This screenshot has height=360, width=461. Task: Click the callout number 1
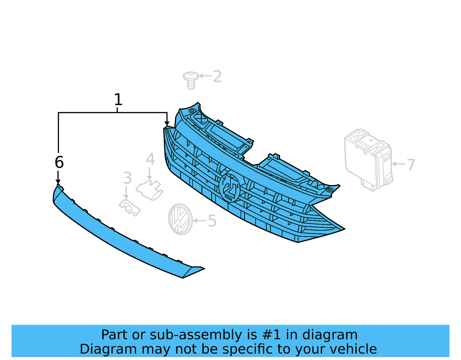click(118, 100)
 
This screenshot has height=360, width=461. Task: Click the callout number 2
click(217, 76)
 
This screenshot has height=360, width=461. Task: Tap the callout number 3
click(127, 178)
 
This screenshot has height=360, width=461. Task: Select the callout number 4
click(150, 159)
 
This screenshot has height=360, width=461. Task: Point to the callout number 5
click(212, 221)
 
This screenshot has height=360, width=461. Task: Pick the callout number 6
click(59, 162)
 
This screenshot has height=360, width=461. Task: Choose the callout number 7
click(411, 165)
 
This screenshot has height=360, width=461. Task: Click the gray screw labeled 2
click(190, 80)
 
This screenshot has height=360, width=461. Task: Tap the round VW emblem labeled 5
click(181, 219)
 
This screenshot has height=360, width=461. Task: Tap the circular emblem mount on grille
click(230, 188)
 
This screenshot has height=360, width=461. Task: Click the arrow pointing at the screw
click(205, 76)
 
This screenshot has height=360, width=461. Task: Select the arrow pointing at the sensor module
click(398, 164)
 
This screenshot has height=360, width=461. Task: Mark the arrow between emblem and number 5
click(199, 221)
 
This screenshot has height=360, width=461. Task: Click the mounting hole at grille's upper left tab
click(192, 111)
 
